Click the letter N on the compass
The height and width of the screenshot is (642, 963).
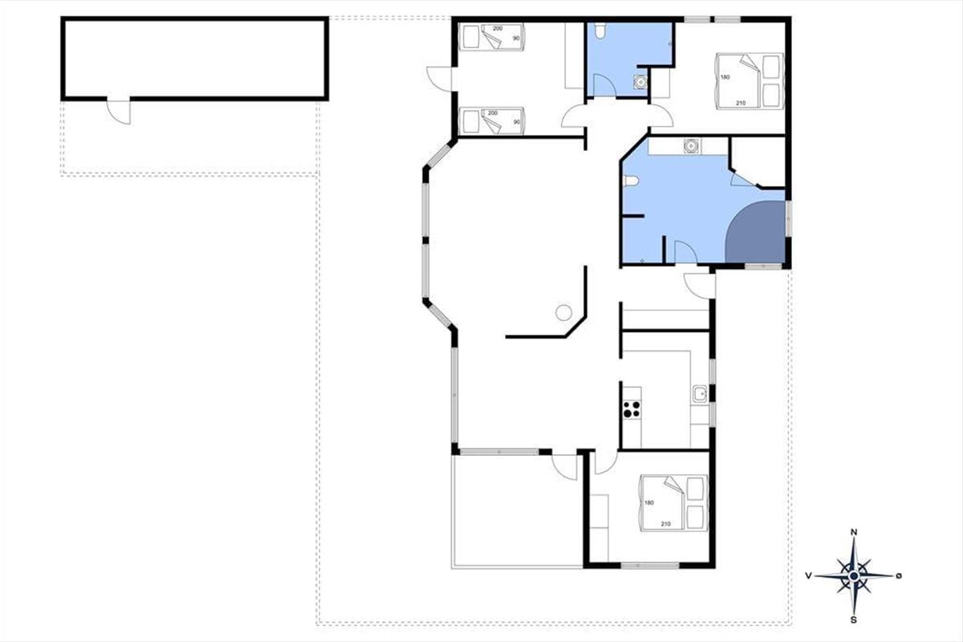[854, 532]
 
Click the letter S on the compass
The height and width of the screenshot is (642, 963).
[853, 620]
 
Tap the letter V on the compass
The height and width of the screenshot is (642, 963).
[809, 575]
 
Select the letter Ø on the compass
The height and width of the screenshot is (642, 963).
[899, 575]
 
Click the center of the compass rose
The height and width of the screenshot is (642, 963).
[854, 575]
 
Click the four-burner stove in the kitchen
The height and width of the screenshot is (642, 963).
[632, 409]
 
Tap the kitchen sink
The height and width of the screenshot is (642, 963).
[700, 393]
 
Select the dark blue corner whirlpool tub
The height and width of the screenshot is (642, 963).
[756, 232]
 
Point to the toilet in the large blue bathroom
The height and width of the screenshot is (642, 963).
[631, 181]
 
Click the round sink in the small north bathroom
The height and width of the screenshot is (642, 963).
[640, 82]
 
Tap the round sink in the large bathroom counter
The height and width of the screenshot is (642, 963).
[691, 146]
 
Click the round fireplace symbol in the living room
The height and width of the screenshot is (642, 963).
[563, 313]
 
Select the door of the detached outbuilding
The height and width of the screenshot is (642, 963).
[119, 111]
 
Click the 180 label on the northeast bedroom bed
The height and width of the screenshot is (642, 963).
[725, 77]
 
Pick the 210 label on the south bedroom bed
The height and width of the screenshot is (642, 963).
[665, 524]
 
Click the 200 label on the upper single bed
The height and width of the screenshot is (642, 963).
[498, 29]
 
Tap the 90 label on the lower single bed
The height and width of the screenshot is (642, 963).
[516, 122]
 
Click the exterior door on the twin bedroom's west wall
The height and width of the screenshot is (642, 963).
[440, 79]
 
